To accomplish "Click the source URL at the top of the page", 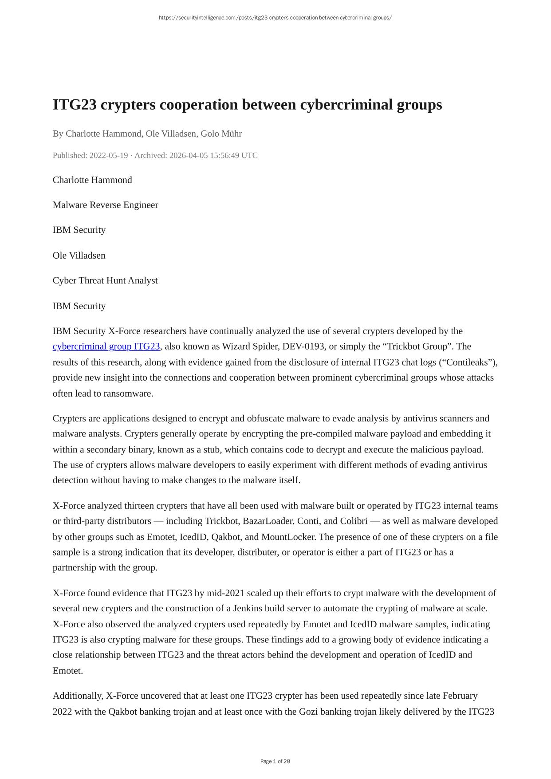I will click(x=275, y=18).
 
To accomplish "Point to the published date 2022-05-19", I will click(x=109, y=155).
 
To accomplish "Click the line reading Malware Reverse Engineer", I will click(x=105, y=205).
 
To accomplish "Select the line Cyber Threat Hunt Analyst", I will click(x=105, y=280).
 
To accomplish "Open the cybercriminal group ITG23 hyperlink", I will click(x=106, y=346).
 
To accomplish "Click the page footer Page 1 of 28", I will click(x=275, y=761).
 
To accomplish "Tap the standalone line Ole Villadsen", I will click(x=79, y=256).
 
